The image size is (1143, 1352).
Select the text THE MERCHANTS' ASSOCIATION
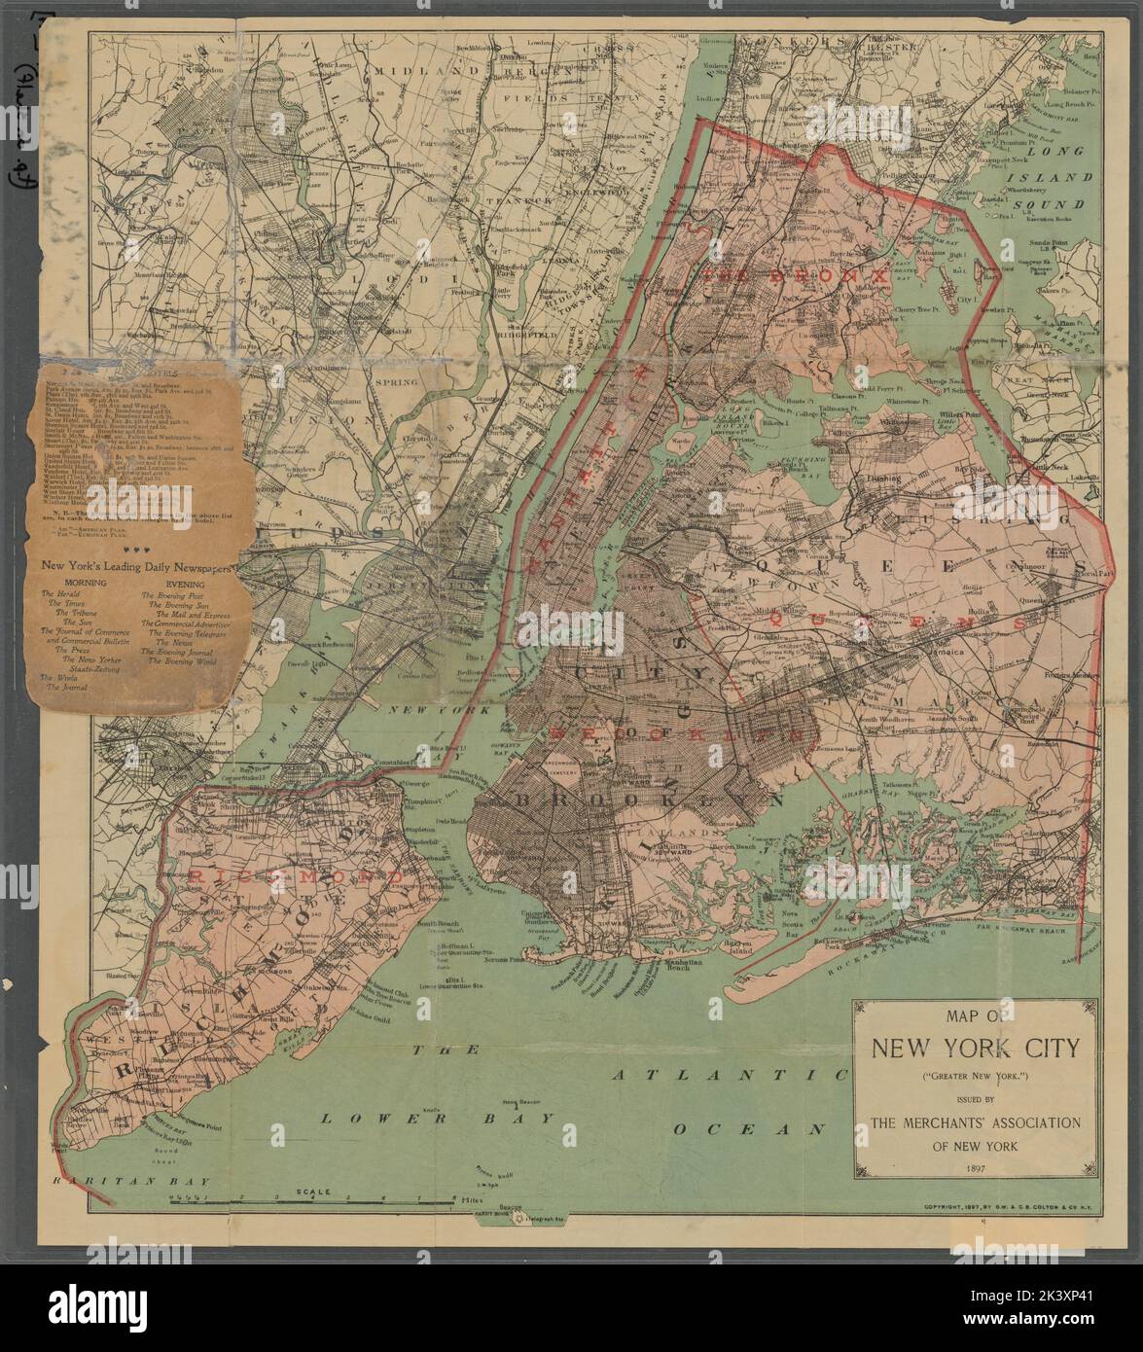pyautogui.click(x=969, y=1123)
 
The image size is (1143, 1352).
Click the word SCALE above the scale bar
pyautogui.click(x=316, y=1192)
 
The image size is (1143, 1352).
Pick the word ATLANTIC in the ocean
pyautogui.click(x=728, y=1076)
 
